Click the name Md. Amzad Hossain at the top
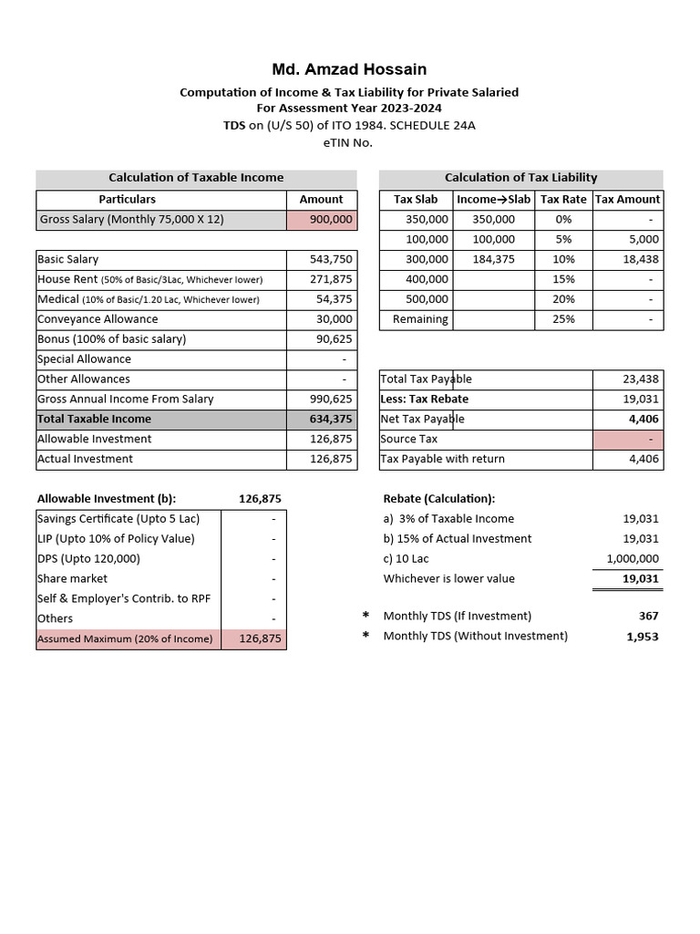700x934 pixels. pyautogui.click(x=349, y=69)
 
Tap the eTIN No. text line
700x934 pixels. pyautogui.click(x=348, y=141)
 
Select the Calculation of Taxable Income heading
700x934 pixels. pyautogui.click(x=196, y=178)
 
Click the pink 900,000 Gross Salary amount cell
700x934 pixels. pyautogui.click(x=321, y=220)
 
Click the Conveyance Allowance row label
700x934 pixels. pyautogui.click(x=98, y=319)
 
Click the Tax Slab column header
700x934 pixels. pyautogui.click(x=416, y=199)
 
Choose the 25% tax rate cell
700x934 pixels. pyautogui.click(x=563, y=319)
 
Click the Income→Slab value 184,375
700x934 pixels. pyautogui.click(x=493, y=260)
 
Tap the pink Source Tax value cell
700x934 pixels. pyautogui.click(x=628, y=440)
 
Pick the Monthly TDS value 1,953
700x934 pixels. pyautogui.click(x=642, y=637)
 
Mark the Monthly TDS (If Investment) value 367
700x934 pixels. pyautogui.click(x=648, y=617)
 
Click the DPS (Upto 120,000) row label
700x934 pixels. pyautogui.click(x=88, y=559)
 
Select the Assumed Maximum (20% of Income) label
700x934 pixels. pyautogui.click(x=125, y=639)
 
